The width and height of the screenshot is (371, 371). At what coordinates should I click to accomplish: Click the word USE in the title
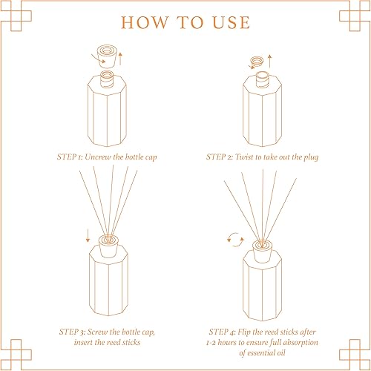pos(232,22)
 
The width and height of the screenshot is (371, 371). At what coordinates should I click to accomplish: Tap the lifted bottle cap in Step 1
pos(107,56)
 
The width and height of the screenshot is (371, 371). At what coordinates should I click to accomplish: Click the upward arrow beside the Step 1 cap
pos(120,59)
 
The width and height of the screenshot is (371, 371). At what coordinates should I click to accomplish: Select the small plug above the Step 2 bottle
pos(257,61)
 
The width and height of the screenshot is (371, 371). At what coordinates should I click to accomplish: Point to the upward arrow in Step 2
pos(270,61)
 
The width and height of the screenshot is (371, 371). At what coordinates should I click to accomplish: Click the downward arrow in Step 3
pos(88,235)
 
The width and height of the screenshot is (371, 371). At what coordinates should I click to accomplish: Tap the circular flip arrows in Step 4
pos(235,240)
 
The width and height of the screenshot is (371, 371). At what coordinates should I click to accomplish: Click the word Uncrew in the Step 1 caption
pos(98,157)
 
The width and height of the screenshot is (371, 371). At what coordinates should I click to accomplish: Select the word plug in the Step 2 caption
pos(311,157)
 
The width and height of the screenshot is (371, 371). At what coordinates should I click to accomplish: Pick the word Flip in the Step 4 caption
pos(244,332)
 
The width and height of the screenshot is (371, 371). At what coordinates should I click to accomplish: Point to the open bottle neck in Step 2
pos(262,79)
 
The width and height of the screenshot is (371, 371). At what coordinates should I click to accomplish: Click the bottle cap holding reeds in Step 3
pos(108,246)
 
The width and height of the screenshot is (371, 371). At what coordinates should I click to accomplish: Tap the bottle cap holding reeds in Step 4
pos(262,252)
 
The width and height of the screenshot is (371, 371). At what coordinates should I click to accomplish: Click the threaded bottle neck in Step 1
pos(107,79)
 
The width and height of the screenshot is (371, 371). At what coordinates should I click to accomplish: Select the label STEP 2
pos(220,157)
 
